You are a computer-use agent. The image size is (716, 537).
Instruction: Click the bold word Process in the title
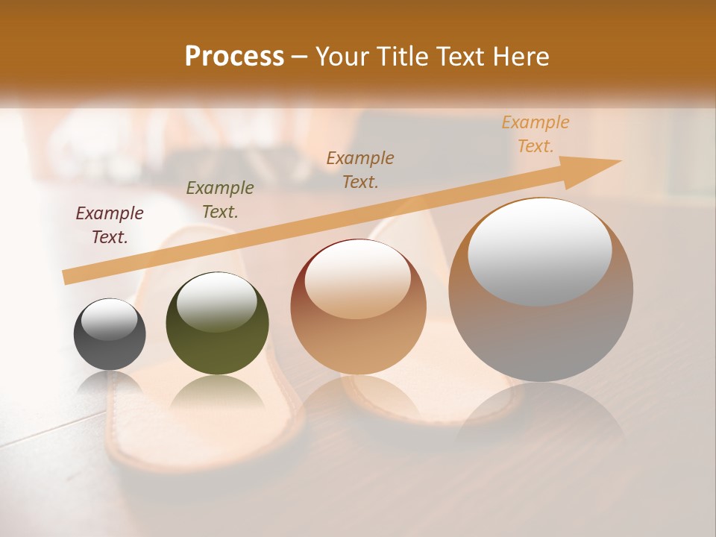(234, 57)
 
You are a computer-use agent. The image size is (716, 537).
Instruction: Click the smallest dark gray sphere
(110, 335)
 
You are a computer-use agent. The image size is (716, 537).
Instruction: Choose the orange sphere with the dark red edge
(358, 307)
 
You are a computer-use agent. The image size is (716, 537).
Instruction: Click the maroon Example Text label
(110, 225)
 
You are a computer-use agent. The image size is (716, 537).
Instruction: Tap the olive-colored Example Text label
(220, 200)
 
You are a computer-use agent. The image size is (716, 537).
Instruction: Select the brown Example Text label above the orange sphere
(360, 169)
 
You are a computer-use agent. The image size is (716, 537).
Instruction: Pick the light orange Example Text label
(536, 134)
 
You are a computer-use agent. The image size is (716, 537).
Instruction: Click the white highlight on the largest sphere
(539, 251)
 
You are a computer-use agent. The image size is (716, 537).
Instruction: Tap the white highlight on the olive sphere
(216, 301)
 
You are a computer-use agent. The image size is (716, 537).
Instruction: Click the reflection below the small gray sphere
(110, 384)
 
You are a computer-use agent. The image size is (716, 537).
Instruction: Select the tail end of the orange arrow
(67, 277)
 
